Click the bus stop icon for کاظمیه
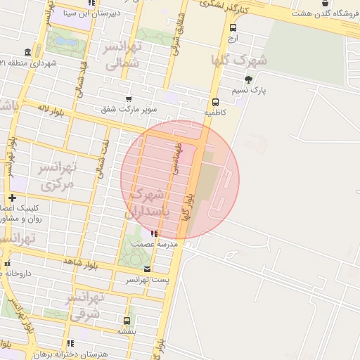[214, 101]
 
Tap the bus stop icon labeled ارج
[233, 27]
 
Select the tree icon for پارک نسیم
[247, 79]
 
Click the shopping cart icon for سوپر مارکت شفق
[128, 98]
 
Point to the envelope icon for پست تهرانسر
[146, 269]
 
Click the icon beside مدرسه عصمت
[154, 233]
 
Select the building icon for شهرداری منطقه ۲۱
[27, 53]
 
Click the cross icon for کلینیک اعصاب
[11, 198]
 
